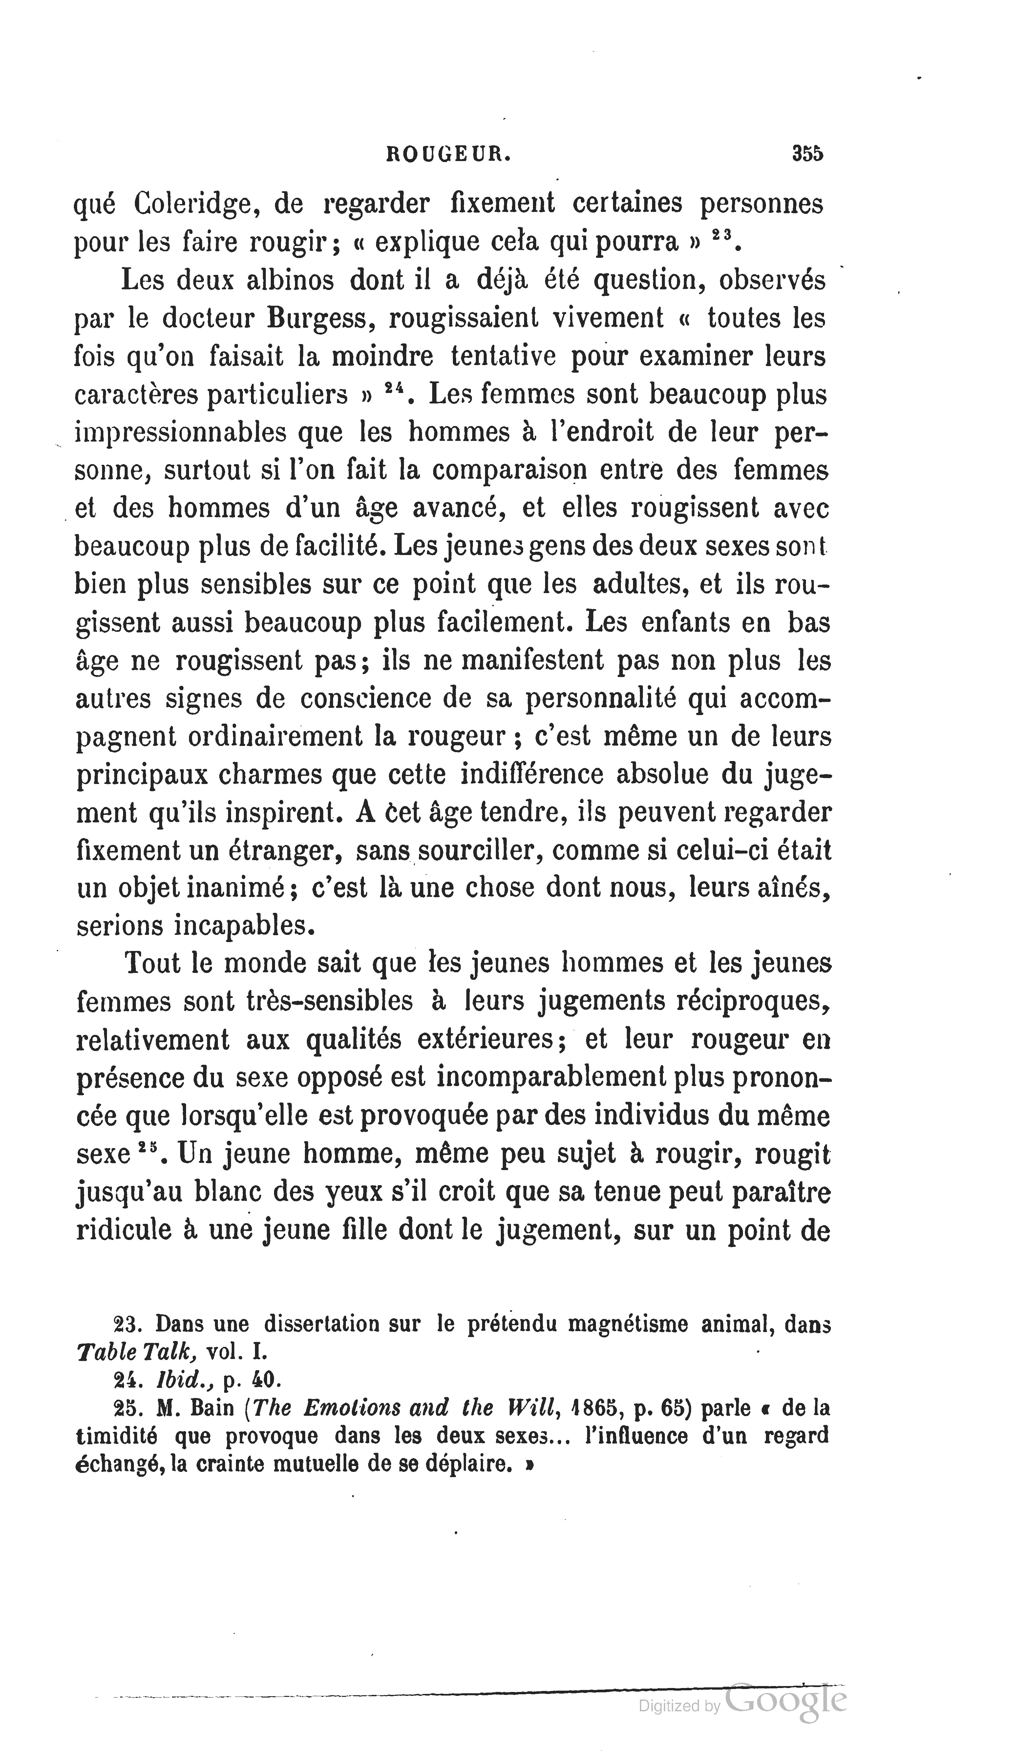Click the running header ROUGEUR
click(x=448, y=154)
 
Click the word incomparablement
click(x=553, y=1078)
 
